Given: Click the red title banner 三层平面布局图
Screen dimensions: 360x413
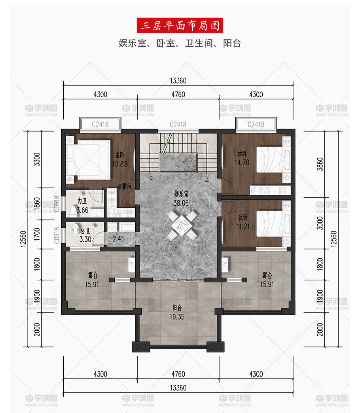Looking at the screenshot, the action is point(180,25).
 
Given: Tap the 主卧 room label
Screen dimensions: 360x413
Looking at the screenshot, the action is point(120,155).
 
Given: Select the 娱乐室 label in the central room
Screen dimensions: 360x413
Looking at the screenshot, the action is point(181,194).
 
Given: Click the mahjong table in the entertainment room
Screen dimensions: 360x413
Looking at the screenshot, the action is point(182,225).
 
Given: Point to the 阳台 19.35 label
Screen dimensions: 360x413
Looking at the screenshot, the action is point(177,312).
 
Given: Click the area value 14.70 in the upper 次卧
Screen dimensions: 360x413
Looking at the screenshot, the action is point(242,163).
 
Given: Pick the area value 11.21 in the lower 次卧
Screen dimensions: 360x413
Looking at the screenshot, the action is point(243,226).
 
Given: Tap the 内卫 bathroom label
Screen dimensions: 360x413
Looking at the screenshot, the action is point(82,201).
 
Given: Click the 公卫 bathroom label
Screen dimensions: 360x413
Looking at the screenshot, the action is point(85,231).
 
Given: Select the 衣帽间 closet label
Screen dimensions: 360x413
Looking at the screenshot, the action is point(124,186).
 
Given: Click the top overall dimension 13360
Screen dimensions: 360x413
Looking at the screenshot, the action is point(178,81).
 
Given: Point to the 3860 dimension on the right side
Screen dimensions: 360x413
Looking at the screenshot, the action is point(320,164).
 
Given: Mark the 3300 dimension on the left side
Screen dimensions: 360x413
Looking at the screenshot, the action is point(37,159).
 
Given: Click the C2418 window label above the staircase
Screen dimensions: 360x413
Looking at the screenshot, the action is point(178,124).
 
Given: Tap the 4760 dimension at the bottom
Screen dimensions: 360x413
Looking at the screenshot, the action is point(178,374).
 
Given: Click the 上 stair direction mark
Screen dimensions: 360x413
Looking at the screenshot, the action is point(207,179).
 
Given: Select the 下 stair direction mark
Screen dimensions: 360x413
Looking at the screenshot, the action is point(150,179).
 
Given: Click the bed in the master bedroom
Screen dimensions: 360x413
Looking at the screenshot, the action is point(89,159).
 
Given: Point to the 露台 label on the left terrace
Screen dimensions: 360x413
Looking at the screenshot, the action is point(93,275).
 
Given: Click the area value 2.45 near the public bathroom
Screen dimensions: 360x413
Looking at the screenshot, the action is point(119,239).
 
